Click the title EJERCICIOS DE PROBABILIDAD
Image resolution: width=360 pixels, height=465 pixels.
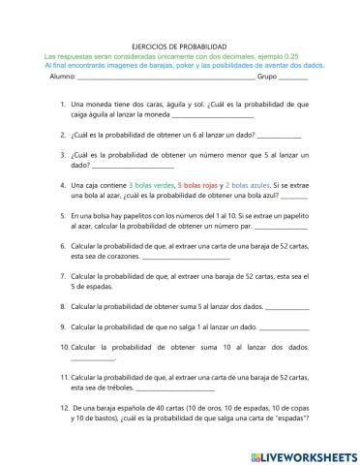[x=180, y=46]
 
